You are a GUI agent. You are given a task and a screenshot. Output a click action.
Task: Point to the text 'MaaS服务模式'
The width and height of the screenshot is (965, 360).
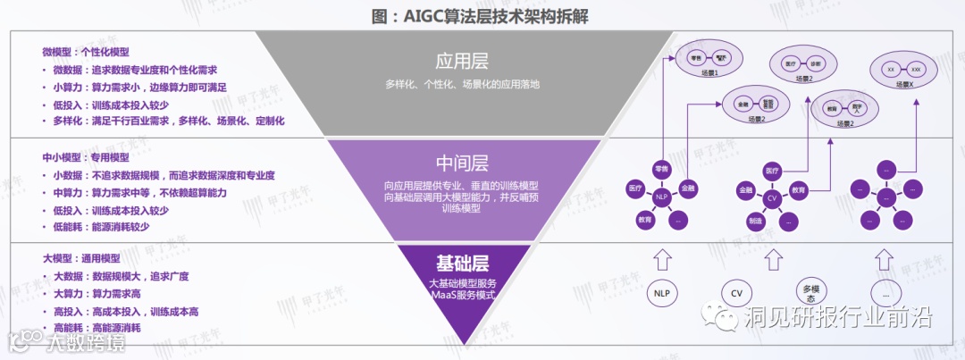(x=462, y=295)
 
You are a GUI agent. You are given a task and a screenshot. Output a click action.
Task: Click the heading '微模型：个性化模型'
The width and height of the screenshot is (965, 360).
(x=86, y=52)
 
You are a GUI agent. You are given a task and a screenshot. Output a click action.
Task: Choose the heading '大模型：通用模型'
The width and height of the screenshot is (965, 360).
(x=80, y=258)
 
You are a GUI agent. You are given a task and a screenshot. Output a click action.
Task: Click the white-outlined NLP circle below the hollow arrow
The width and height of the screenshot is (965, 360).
(x=662, y=292)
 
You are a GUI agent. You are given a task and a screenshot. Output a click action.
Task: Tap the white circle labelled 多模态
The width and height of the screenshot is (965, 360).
(x=810, y=292)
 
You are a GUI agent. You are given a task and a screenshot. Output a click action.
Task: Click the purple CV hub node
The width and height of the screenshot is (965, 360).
(x=772, y=197)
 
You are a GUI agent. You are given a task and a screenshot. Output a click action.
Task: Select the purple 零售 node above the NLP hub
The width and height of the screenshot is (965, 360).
(x=662, y=167)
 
